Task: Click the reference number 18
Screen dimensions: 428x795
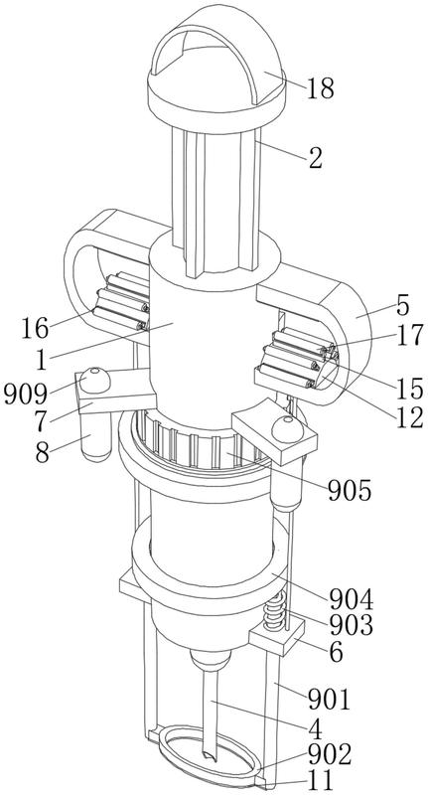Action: (321, 88)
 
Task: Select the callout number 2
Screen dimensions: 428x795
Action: (315, 158)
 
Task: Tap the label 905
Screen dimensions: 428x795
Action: (350, 490)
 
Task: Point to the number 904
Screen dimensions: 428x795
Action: (352, 600)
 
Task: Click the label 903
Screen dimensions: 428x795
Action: (352, 625)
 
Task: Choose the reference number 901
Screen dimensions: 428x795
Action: (330, 701)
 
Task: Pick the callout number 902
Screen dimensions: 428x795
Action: (330, 755)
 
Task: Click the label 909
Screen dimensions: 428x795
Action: (26, 394)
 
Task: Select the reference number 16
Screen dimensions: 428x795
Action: (35, 329)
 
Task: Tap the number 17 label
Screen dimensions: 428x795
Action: (409, 336)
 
